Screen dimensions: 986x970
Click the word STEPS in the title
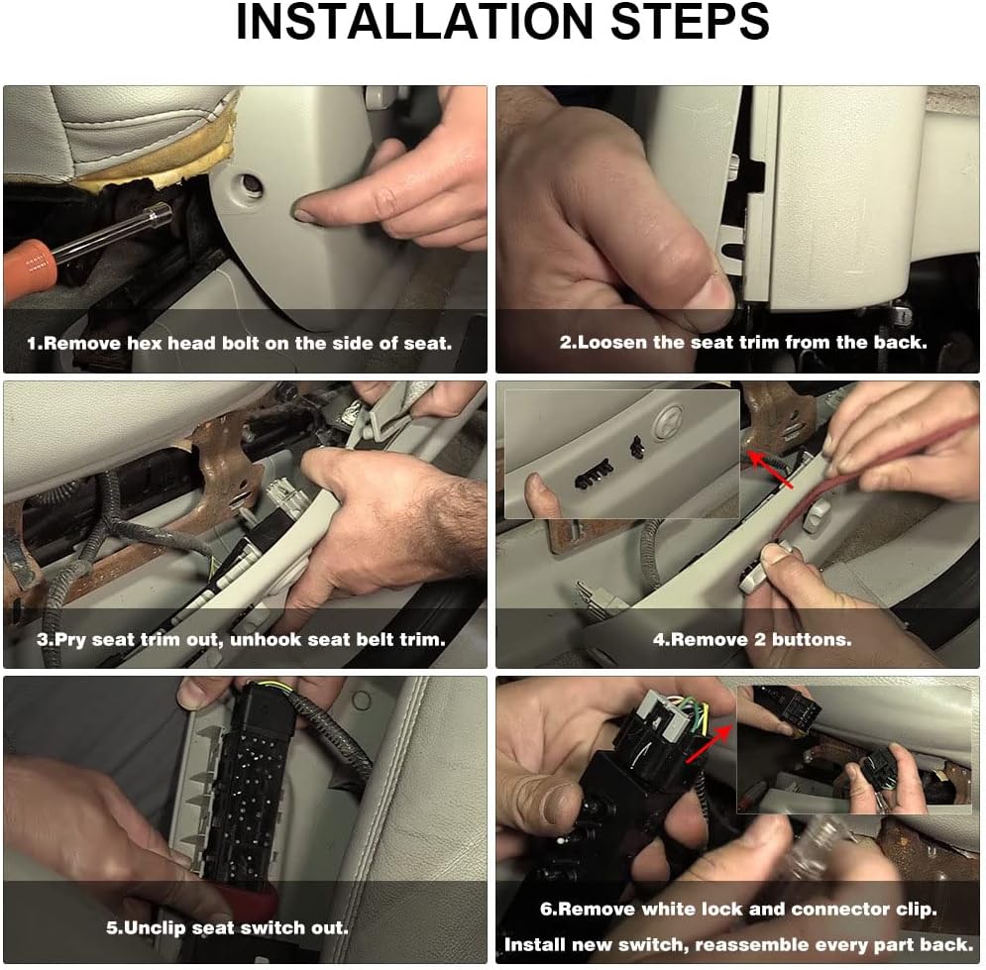coord(690,22)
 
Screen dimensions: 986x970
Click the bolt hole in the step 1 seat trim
coord(251,184)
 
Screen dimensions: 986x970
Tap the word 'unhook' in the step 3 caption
coord(266,639)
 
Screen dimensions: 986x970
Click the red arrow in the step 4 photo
coord(770,470)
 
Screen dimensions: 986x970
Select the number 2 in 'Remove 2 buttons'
coord(760,639)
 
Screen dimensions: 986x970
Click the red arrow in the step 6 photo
coord(710,744)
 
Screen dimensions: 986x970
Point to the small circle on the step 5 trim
coord(361,700)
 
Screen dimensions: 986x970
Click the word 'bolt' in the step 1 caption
coord(214,343)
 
